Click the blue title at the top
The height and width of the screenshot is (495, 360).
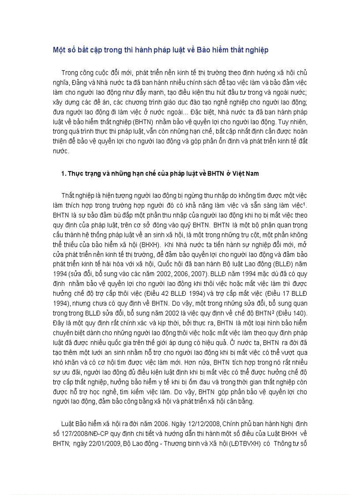[x=161, y=50]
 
